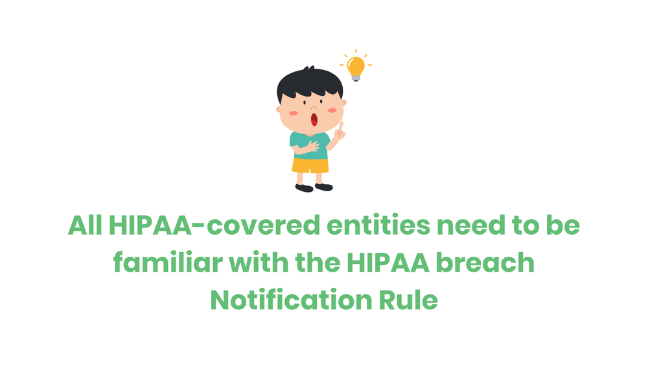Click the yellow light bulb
click(355, 65)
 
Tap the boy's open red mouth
click(314, 119)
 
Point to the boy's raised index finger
click(341, 127)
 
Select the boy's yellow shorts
click(310, 165)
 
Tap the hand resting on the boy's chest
click(310, 146)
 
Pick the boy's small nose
click(314, 107)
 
